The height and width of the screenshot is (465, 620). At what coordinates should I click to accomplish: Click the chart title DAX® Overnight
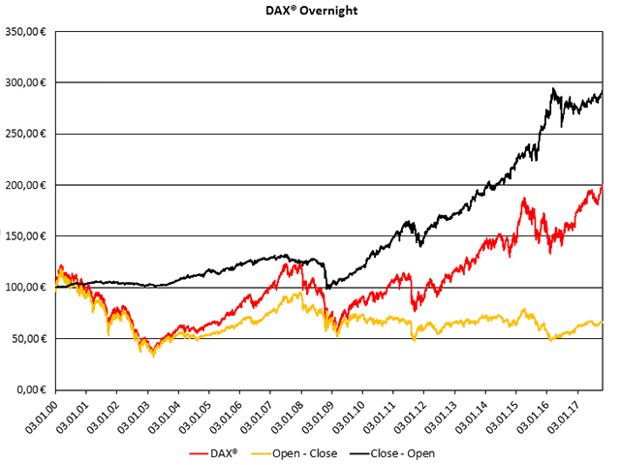click(310, 11)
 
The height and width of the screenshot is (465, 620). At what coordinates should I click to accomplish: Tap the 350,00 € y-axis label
click(28, 32)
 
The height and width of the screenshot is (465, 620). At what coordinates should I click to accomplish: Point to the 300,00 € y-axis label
click(28, 83)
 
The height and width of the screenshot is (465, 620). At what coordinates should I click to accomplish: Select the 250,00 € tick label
click(28, 134)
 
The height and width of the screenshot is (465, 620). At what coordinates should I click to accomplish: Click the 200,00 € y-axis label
click(28, 185)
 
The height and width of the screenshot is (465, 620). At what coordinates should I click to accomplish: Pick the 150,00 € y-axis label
click(28, 236)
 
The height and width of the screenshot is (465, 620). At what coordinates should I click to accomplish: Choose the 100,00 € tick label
click(28, 288)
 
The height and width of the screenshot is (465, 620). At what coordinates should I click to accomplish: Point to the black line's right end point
click(602, 90)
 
